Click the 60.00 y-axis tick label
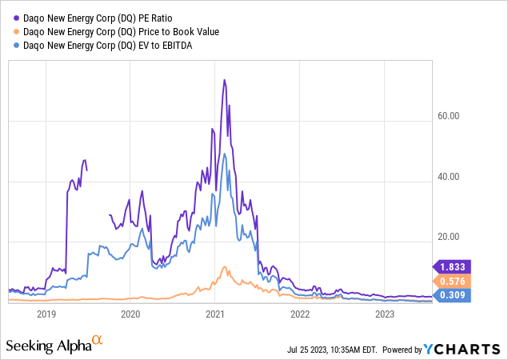click(449, 116)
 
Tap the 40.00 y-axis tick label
click(449, 177)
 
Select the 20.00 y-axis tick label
click(449, 237)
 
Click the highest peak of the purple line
click(225, 80)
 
